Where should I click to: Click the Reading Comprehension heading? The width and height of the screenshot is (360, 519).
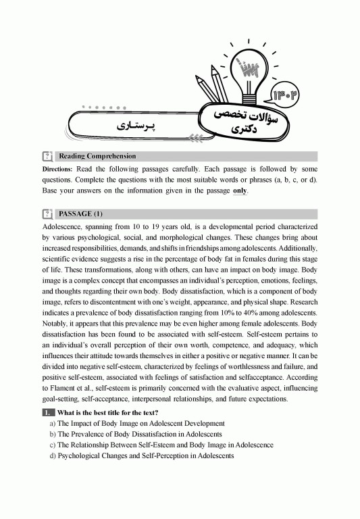[x=97, y=156]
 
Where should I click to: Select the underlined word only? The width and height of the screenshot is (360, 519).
[x=240, y=191]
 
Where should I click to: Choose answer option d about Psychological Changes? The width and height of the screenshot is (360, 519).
[x=141, y=455]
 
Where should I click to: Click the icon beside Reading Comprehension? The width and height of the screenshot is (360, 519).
[x=47, y=156]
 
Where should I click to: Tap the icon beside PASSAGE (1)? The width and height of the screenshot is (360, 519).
[x=47, y=214]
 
